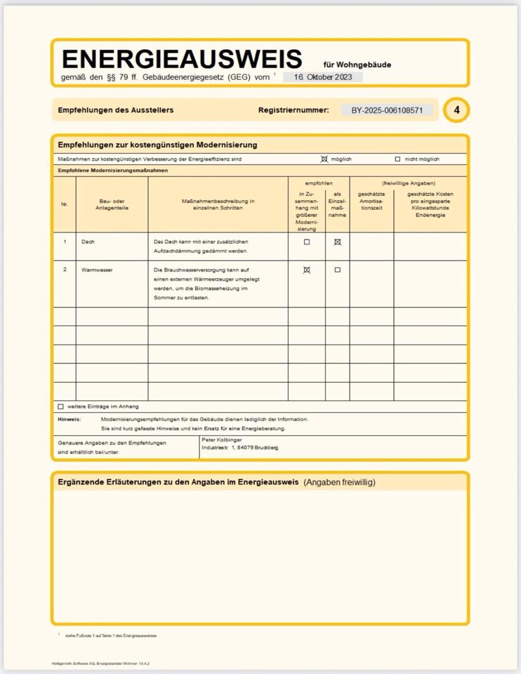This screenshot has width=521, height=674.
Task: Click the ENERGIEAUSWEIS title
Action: [x=182, y=59]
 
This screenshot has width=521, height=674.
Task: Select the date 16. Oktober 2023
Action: [x=323, y=77]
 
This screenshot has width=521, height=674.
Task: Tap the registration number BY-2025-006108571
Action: [x=387, y=110]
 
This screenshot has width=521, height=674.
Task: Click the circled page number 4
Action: [x=456, y=110]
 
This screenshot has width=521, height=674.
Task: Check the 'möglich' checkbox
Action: [x=324, y=159]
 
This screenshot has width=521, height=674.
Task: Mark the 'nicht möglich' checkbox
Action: [x=397, y=159]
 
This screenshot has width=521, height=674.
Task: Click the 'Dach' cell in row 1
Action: [x=88, y=242]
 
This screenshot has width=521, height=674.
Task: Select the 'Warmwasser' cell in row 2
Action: [x=97, y=270]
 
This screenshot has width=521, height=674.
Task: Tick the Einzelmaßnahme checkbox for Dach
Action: [x=338, y=242]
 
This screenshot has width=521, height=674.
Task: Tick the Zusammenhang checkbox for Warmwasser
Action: [x=306, y=270]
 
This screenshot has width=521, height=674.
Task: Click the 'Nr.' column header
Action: [x=65, y=204]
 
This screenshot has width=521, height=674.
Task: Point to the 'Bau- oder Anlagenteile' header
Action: [x=112, y=204]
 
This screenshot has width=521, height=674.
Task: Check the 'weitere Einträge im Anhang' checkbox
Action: [x=60, y=407]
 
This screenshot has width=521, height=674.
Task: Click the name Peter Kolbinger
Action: [x=222, y=440]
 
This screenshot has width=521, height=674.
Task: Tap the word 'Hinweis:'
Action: [x=69, y=419]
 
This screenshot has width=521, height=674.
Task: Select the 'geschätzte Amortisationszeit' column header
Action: [x=371, y=201]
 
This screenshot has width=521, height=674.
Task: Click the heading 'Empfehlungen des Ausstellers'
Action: [x=115, y=110]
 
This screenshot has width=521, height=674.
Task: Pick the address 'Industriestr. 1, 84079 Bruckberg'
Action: [x=239, y=447]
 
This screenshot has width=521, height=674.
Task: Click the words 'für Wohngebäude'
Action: [x=357, y=65]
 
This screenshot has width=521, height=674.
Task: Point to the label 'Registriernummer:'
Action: [x=294, y=110]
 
